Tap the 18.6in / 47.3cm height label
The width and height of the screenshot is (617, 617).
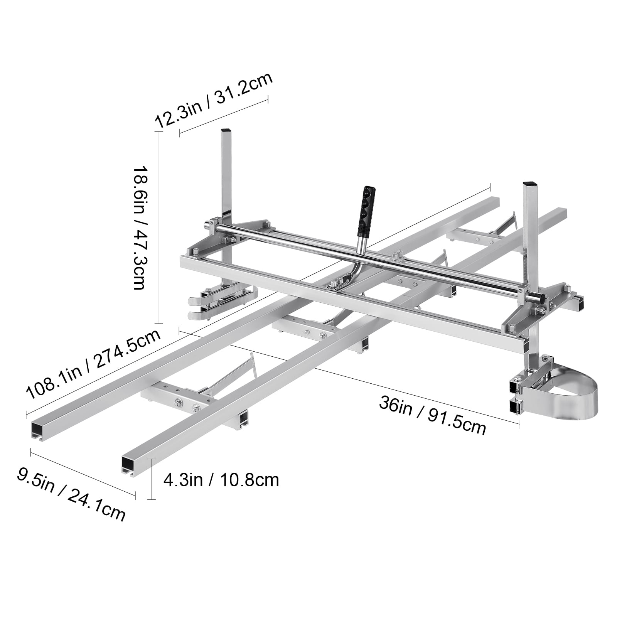coord(139,228)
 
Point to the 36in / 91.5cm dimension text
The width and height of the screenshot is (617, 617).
coord(432,416)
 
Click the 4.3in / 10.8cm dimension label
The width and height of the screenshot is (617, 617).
coord(221,480)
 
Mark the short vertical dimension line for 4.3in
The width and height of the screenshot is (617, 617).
coord(153,479)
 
